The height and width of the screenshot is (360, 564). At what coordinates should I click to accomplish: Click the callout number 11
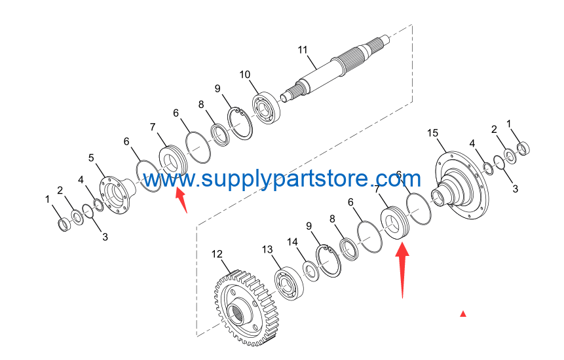click(x=303, y=50)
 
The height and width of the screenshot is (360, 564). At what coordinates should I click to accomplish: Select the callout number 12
click(x=217, y=255)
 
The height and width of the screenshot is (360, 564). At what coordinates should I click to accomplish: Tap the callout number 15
click(x=433, y=134)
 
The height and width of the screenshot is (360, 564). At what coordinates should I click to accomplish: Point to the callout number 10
click(x=245, y=75)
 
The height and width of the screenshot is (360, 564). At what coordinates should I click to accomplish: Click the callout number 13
click(x=267, y=249)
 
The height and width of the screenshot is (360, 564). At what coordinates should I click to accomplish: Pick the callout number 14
click(x=292, y=242)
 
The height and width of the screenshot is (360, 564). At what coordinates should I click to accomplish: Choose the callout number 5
click(x=91, y=158)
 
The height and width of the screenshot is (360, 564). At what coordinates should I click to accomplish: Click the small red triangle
click(x=463, y=314)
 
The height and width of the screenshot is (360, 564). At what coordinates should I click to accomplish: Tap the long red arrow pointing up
click(x=402, y=270)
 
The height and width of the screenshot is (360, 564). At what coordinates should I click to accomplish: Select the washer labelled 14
click(x=310, y=271)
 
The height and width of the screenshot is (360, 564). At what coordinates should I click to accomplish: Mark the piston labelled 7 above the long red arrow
click(x=394, y=222)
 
